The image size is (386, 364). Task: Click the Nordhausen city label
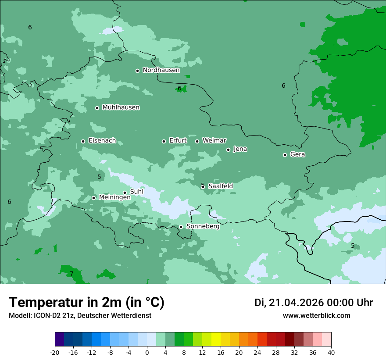click(161, 70)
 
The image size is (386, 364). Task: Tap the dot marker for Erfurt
click(164, 141)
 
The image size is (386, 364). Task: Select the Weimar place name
click(214, 141)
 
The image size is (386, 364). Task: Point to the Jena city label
click(240, 149)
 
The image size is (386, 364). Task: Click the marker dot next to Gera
click(285, 155)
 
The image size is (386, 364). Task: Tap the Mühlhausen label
click(121, 107)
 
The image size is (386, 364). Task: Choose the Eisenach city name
click(102, 141)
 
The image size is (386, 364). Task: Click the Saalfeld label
click(220, 186)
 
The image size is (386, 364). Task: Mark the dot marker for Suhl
click(125, 193)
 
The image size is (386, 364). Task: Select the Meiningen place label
click(114, 198)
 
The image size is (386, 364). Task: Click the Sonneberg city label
click(203, 227)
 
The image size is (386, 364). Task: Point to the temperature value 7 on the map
click(71, 274)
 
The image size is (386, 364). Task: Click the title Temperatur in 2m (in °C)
click(86, 302)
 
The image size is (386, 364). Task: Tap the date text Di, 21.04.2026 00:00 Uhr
click(313, 303)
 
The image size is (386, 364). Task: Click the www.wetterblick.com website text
click(316, 316)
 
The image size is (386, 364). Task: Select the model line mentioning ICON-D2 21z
click(80, 316)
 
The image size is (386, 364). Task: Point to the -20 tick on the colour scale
click(55, 353)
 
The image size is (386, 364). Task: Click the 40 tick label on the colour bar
click(331, 353)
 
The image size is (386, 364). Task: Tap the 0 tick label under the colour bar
click(147, 353)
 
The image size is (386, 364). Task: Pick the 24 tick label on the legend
click(257, 353)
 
